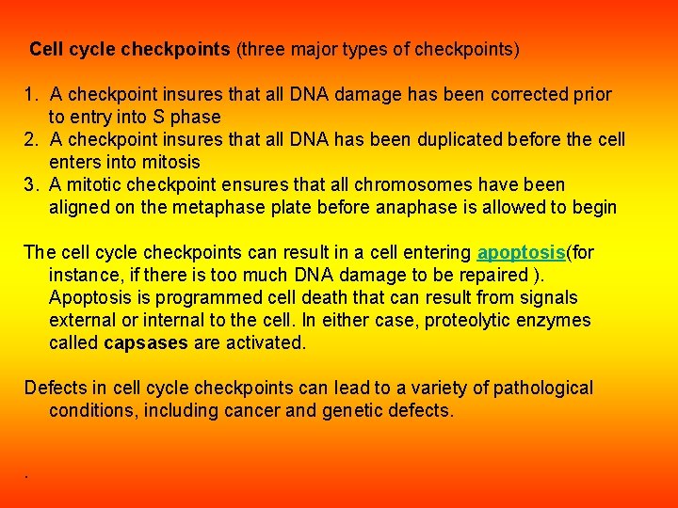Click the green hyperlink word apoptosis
(521, 252)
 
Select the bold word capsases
(146, 342)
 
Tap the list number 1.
(30, 94)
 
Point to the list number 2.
(30, 139)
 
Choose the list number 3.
(30, 184)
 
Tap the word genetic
(354, 410)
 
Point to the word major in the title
(318, 48)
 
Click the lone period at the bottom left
(26, 477)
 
